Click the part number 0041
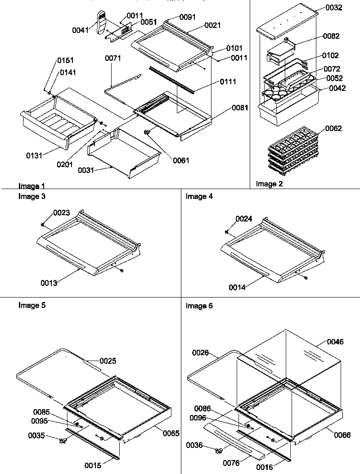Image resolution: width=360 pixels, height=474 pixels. [x=81, y=30]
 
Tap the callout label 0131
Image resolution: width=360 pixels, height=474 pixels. [x=34, y=156]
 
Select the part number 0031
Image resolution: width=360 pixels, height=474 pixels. [x=86, y=170]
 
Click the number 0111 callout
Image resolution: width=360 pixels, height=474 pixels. [x=228, y=81]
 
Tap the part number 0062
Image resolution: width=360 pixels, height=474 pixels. [x=333, y=128]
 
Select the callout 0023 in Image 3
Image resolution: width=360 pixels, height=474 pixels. [x=62, y=213]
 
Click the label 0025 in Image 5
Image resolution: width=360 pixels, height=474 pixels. [x=108, y=361]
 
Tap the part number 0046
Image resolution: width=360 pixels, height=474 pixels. [x=334, y=342]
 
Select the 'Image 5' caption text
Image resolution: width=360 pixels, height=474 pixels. [x=31, y=305]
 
